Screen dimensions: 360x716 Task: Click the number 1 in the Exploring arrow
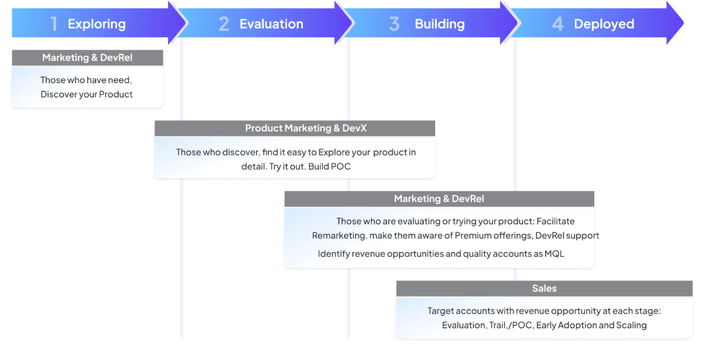(54, 24)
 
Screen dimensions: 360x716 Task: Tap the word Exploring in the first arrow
(97, 24)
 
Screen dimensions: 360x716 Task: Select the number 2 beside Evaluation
(223, 24)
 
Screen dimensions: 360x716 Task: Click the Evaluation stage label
(271, 24)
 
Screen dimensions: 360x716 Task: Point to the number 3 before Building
(394, 24)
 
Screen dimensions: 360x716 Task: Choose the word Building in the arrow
(440, 24)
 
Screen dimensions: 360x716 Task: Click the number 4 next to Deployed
(557, 24)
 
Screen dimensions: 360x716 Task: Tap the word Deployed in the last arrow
(604, 24)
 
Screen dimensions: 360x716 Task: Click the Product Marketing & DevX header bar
(294, 128)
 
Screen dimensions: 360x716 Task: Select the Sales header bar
(544, 288)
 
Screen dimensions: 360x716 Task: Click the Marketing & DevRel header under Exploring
(87, 58)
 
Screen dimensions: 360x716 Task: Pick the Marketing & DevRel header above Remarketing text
(439, 198)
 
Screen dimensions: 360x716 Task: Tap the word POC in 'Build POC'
(341, 166)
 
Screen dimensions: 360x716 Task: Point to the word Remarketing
(339, 236)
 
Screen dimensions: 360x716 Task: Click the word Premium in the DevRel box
(471, 236)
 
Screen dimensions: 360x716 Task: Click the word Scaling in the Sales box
(631, 325)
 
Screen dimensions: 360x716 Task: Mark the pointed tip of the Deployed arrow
(683, 24)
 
